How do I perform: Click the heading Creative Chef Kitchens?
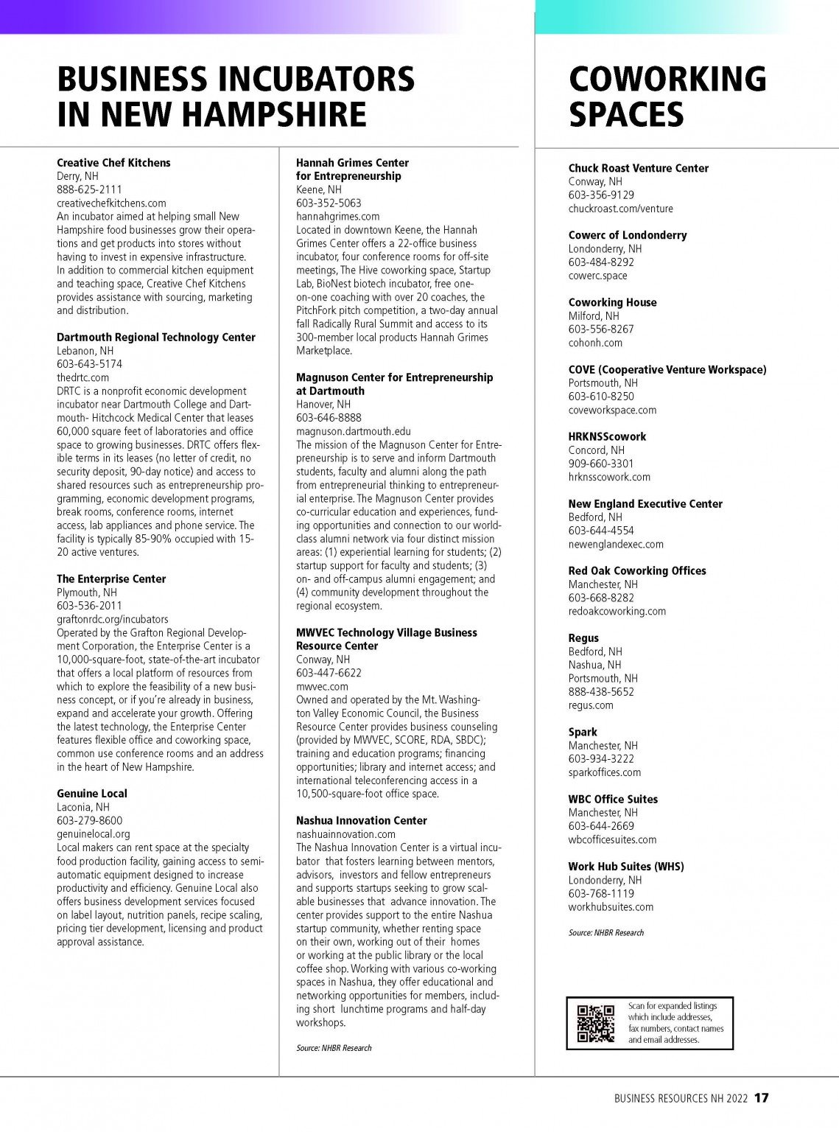tap(113, 163)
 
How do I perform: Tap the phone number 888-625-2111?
tap(89, 189)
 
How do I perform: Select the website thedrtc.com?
tap(83, 377)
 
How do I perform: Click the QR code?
tap(595, 1024)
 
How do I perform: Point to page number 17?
tap(761, 1098)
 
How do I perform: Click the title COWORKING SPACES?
tap(667, 97)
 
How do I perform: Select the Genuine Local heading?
tap(92, 794)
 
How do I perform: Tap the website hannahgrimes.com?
tap(337, 217)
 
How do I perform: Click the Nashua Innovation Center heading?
tap(361, 820)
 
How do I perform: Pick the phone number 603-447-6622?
tap(329, 673)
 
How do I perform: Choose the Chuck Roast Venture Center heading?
tap(638, 168)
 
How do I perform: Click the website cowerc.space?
tap(597, 276)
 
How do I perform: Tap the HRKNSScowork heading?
tap(607, 436)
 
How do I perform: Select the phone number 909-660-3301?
tap(600, 464)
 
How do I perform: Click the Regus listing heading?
tap(583, 638)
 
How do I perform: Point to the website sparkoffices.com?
tap(604, 772)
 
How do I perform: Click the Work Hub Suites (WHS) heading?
tap(625, 867)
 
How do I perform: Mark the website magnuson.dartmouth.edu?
tap(354, 431)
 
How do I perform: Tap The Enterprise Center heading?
tap(111, 579)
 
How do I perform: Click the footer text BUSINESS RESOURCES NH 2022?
tap(681, 1098)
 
